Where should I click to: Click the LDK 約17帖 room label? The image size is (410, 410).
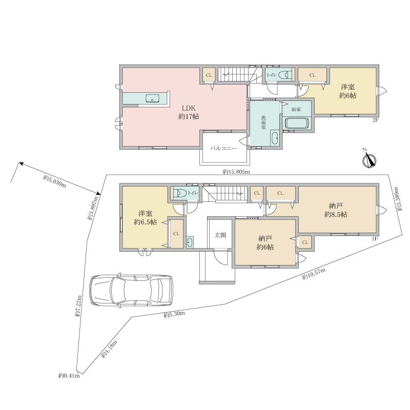(x=189, y=112)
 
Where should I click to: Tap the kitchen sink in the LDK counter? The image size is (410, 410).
(x=152, y=99)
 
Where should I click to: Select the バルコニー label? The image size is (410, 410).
(x=224, y=149)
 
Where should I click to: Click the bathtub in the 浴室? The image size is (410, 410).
(x=297, y=123)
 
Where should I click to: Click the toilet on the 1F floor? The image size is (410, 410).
(x=180, y=193)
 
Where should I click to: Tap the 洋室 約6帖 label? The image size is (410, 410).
(x=347, y=91)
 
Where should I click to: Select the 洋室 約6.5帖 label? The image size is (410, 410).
(x=146, y=218)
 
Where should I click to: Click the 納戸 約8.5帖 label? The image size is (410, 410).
(x=336, y=210)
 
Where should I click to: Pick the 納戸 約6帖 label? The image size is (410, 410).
(x=265, y=243)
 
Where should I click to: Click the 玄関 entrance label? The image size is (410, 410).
(x=220, y=235)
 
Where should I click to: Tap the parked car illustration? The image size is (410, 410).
(x=131, y=290)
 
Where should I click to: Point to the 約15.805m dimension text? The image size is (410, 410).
(x=236, y=172)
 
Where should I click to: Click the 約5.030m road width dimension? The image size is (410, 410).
(x=54, y=181)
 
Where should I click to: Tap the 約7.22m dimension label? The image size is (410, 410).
(x=78, y=306)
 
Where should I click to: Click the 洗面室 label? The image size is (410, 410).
(x=263, y=122)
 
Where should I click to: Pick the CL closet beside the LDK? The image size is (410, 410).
(x=209, y=75)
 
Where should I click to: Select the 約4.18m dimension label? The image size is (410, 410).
(x=109, y=350)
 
